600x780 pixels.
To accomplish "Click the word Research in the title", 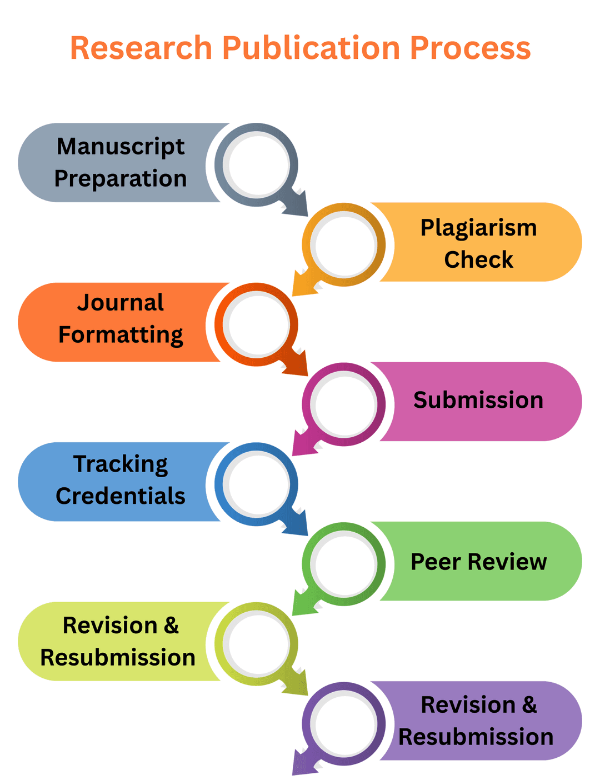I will coord(141,48).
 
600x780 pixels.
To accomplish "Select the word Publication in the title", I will coord(311,48).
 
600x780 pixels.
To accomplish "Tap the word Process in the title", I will coord(470,48).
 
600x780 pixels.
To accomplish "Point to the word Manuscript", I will coord(121,147).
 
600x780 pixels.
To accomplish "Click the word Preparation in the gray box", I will coord(121,179).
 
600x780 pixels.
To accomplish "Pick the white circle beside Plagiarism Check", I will coord(344,244).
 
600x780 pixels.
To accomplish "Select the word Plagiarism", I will coord(478,228).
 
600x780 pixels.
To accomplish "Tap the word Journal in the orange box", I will coord(121,303).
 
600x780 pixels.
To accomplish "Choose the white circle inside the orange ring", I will coord(257,325).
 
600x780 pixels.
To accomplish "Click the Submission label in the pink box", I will coord(478,400).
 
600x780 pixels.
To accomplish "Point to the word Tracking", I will coord(121,464).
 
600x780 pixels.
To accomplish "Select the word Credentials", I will coord(121,496).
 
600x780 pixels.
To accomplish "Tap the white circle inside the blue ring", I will coord(257,484).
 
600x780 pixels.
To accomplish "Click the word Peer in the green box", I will coord(436,562).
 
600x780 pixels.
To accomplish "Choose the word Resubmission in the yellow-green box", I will coord(118,658).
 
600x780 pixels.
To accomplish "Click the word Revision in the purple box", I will coord(468,705).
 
